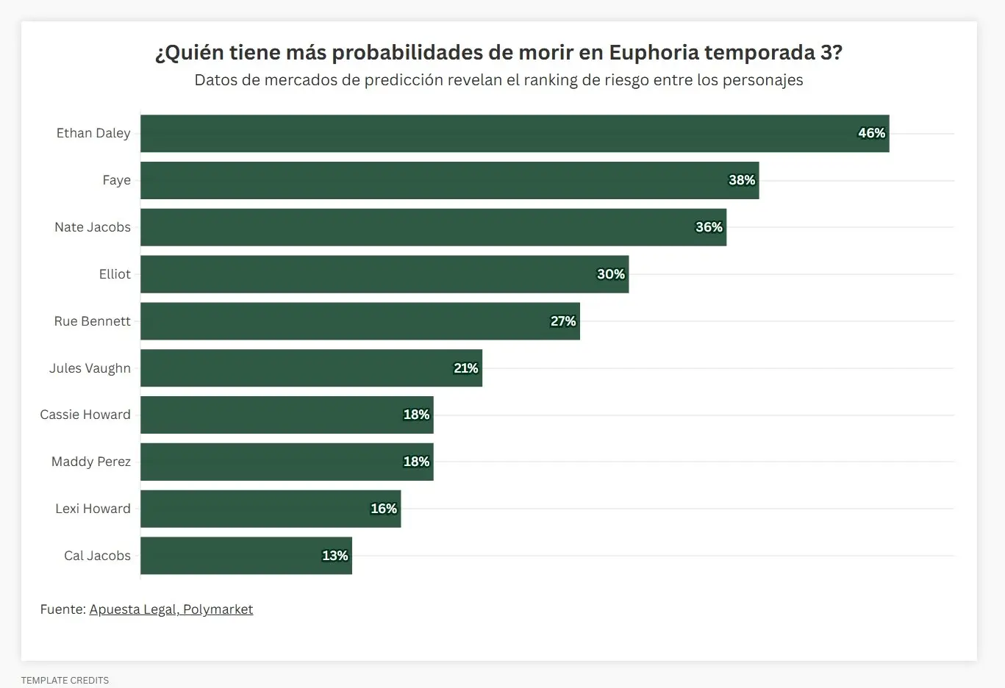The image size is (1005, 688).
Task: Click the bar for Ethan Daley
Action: tap(515, 133)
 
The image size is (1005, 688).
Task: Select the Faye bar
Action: tap(449, 180)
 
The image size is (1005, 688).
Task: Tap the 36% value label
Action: tap(709, 227)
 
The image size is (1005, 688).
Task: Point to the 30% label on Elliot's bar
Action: tap(610, 274)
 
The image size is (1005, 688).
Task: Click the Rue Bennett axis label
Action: tap(92, 321)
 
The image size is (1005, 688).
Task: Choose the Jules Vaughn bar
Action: tap(311, 368)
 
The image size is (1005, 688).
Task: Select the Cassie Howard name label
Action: tap(85, 415)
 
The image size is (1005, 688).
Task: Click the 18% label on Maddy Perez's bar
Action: tap(416, 462)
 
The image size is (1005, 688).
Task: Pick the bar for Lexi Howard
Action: tap(271, 509)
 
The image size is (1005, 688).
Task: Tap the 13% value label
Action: tap(335, 556)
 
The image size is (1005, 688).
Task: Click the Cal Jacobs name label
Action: tap(97, 556)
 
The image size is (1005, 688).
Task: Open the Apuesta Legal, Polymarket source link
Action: tap(171, 609)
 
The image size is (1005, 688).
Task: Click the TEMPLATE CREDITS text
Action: tap(65, 680)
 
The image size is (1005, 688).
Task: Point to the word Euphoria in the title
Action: tap(654, 53)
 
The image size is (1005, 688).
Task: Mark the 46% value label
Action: tap(871, 133)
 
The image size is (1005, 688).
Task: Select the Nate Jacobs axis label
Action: tap(93, 227)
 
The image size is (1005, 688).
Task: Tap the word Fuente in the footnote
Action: tap(62, 609)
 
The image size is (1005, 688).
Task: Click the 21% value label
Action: tap(465, 368)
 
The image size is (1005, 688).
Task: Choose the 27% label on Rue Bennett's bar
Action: tap(562, 321)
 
